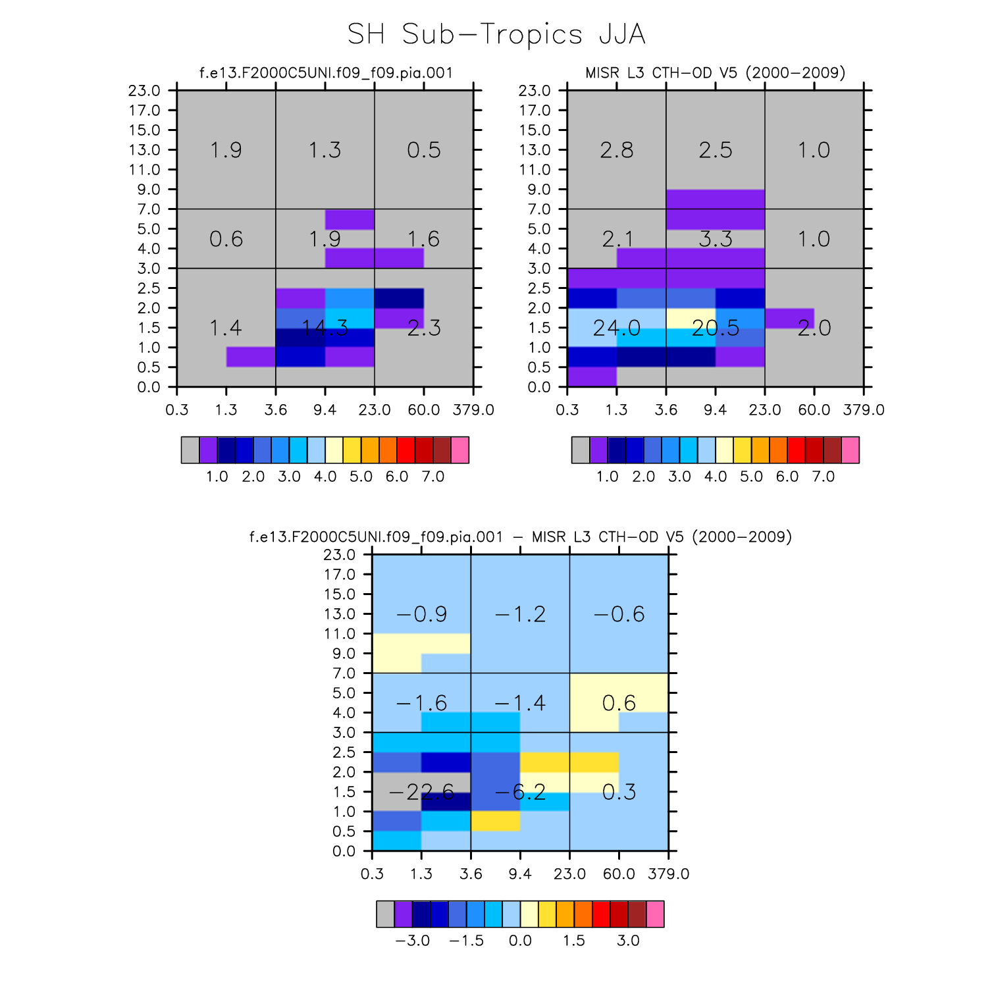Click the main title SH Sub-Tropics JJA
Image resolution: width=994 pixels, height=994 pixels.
496,34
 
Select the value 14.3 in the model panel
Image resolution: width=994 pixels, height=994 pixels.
325,328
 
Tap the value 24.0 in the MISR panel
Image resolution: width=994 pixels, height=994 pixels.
616,328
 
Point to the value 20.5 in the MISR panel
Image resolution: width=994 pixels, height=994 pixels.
716,328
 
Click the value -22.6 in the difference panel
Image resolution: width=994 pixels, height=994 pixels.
421,792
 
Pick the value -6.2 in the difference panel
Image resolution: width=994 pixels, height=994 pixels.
520,792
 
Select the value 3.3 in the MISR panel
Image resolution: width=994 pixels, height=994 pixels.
716,239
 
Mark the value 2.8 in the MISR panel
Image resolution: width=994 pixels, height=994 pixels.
616,150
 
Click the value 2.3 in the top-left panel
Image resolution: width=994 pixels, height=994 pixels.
424,328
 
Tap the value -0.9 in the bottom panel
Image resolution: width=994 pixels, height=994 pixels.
421,614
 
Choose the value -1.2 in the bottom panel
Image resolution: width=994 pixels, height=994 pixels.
520,614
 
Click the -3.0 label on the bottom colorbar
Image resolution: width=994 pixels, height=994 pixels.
413,941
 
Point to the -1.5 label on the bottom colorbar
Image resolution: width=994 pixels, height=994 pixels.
466,941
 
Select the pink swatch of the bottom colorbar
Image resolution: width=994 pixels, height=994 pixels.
655,914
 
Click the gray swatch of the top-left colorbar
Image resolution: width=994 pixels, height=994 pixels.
190,450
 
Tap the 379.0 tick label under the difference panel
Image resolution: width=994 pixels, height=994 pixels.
669,874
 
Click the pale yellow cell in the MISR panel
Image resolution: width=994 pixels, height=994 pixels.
691,318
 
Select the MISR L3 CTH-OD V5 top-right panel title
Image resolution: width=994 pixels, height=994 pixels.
716,72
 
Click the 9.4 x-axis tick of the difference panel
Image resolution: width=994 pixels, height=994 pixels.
520,874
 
